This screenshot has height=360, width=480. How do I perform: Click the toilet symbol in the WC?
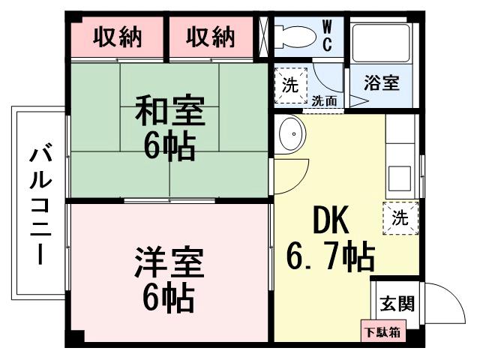tap(295, 35)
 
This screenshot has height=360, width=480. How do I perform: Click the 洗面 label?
tap(324, 100)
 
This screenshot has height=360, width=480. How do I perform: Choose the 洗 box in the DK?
tap(400, 218)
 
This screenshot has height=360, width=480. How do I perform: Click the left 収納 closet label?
tap(117, 36)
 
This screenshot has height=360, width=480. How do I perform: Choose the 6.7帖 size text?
tap(330, 259)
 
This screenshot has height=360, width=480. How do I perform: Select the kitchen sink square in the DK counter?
tap(399, 181)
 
